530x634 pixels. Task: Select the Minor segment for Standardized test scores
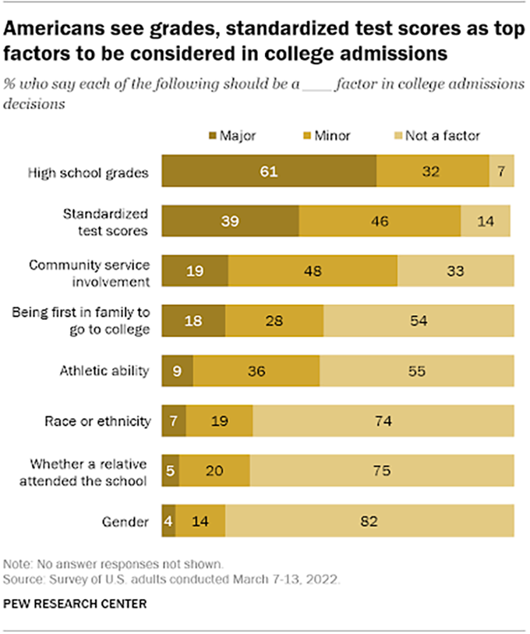pyautogui.click(x=380, y=221)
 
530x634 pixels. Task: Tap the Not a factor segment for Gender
pyautogui.click(x=369, y=521)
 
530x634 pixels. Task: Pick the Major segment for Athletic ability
pyautogui.click(x=177, y=371)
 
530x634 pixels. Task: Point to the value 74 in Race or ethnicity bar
pyautogui.click(x=382, y=421)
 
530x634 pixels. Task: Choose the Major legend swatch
pyautogui.click(x=214, y=136)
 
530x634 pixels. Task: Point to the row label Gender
pyautogui.click(x=127, y=521)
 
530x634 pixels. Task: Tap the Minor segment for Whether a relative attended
pyautogui.click(x=214, y=471)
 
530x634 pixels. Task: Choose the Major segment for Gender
pyautogui.click(x=168, y=521)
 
